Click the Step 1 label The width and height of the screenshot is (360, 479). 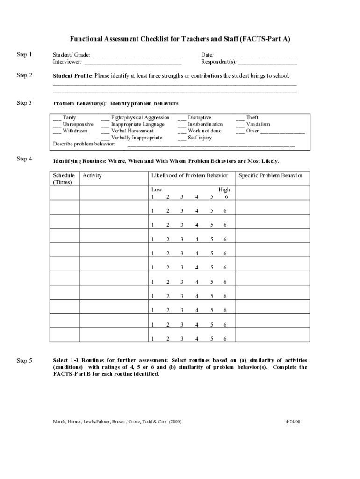[x=24, y=55]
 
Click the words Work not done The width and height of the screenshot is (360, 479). [x=204, y=131]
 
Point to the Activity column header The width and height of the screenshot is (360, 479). [x=92, y=175]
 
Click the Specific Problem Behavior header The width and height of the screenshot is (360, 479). [x=270, y=175]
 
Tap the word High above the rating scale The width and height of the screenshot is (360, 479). [x=224, y=189]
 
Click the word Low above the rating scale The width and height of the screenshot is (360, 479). [x=157, y=189]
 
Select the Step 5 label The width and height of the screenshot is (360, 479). [x=24, y=361]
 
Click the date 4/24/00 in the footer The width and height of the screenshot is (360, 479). [x=293, y=421]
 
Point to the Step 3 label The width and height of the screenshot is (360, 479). [x=24, y=103]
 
